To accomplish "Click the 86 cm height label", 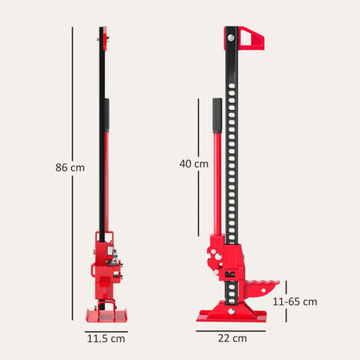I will (70, 167).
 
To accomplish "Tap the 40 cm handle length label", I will (194, 164).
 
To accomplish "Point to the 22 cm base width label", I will (233, 339).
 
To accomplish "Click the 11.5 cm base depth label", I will (106, 339).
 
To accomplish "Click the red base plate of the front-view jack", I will (233, 315).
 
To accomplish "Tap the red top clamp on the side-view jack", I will (103, 34).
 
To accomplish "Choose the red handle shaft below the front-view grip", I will (218, 188).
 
